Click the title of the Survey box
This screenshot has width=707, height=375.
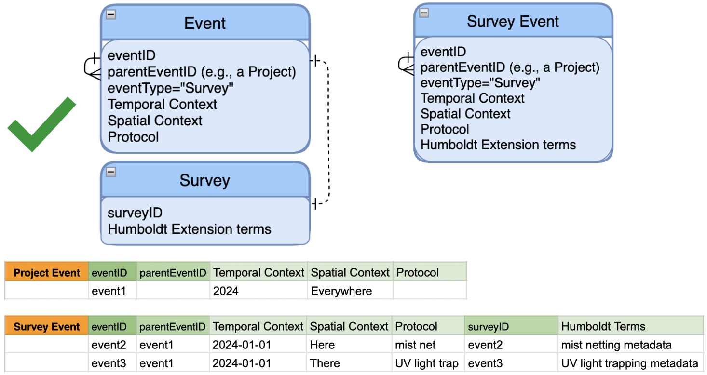(x=205, y=180)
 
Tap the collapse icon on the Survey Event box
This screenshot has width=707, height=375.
(x=424, y=13)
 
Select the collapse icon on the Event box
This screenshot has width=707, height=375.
(x=111, y=14)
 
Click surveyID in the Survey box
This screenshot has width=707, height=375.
(x=135, y=213)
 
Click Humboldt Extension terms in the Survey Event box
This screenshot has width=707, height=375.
(x=498, y=145)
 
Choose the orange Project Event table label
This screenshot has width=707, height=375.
(x=47, y=273)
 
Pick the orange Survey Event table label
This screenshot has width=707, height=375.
(x=47, y=327)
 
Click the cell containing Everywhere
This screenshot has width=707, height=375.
(x=350, y=291)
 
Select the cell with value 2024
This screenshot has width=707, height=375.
(x=259, y=291)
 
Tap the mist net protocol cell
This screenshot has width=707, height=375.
(x=428, y=345)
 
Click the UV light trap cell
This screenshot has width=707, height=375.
(x=428, y=363)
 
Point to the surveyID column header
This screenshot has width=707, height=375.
(x=511, y=327)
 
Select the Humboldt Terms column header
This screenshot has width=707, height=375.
(x=631, y=327)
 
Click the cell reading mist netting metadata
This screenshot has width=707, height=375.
(x=631, y=345)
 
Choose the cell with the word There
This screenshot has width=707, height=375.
(x=349, y=363)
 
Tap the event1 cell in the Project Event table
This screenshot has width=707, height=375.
(x=112, y=291)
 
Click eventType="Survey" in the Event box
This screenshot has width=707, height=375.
(x=170, y=88)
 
